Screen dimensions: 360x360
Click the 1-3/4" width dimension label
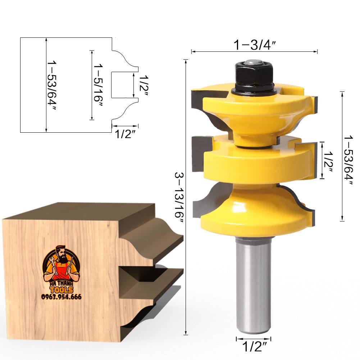pos(255,45)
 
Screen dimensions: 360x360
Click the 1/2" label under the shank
pos(254,347)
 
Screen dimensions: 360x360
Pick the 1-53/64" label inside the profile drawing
pos(52,86)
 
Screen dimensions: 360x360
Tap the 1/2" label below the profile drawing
pos(125,135)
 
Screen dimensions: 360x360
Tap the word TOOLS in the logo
pos(61,290)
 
